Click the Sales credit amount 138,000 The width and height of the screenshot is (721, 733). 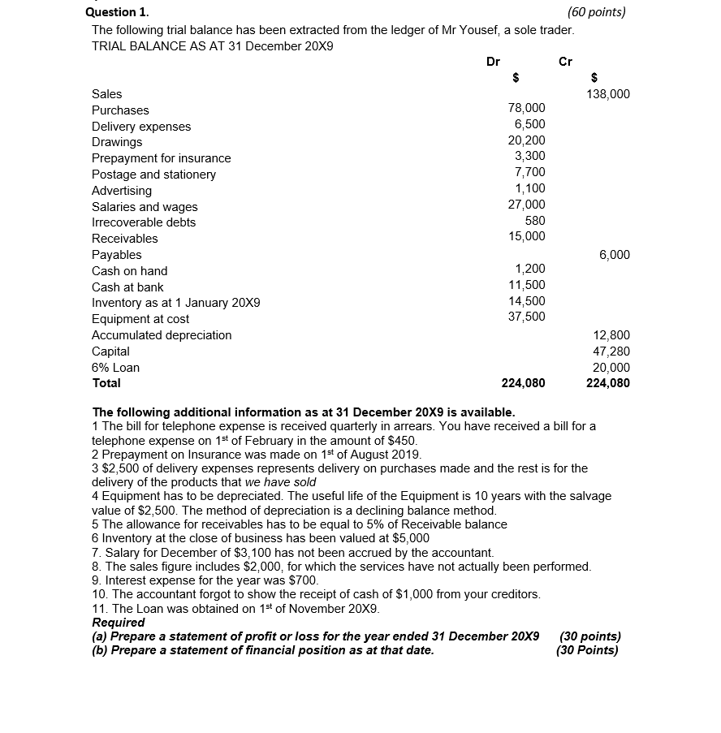607,94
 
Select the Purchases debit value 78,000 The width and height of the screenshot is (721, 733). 526,108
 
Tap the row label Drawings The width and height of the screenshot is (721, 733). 117,142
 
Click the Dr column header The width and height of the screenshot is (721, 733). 493,62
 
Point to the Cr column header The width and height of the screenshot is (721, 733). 566,62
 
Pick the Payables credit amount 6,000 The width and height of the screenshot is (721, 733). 614,255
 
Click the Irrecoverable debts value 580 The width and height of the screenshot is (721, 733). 535,221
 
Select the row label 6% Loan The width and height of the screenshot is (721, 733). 115,368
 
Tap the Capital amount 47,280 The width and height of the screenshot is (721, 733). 611,351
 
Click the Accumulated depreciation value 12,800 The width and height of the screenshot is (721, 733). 611,335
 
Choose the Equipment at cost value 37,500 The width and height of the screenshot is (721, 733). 526,317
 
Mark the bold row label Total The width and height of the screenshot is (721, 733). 106,383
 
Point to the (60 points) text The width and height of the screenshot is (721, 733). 597,12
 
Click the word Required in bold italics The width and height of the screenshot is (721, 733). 119,623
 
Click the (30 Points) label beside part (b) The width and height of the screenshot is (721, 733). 587,650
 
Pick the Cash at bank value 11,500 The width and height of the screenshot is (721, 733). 526,285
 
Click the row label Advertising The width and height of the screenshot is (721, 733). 122,191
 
